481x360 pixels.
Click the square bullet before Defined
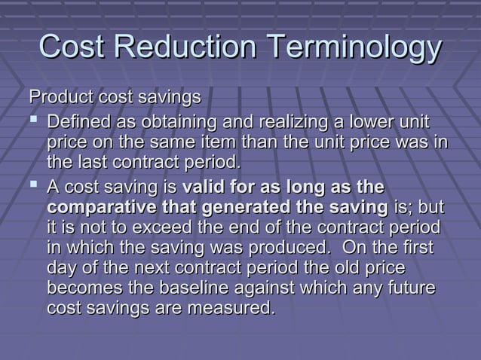tap(34, 122)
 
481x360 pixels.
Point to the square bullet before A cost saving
tap(34, 187)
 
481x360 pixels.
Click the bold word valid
tap(204, 187)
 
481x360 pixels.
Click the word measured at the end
tap(230, 309)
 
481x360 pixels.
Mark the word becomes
tap(80, 288)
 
